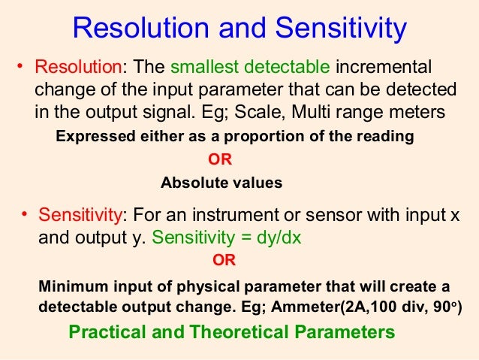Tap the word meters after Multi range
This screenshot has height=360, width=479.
[416, 112]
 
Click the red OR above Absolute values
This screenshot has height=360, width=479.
[220, 159]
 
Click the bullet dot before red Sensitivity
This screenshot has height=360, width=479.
[24, 216]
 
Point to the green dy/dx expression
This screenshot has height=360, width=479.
[286, 238]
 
